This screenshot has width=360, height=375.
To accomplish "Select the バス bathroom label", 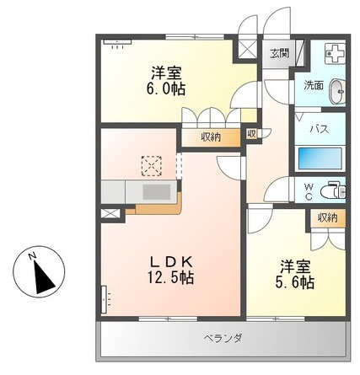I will [x=318, y=129].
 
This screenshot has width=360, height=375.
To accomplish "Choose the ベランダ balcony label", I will [x=223, y=339].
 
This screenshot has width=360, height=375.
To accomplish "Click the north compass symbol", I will [x=36, y=272].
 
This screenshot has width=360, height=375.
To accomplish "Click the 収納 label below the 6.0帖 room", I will [x=211, y=136].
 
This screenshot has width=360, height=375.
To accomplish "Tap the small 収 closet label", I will [x=252, y=133].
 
